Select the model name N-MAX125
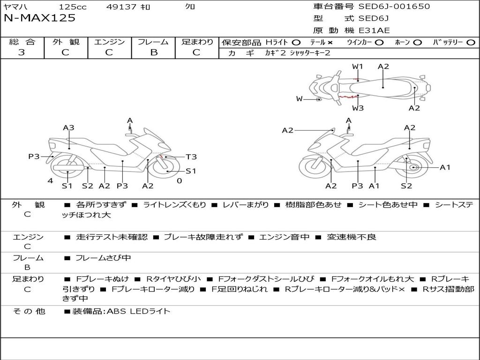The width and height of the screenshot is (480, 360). pos(39,18)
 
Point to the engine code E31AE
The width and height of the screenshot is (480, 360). pos(374,30)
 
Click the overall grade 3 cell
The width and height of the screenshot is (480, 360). pos(22,52)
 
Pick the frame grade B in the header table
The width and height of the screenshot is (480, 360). pos(154,52)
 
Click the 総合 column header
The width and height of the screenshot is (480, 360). pos(22,42)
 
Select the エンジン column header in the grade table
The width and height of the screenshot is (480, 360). pos(109,42)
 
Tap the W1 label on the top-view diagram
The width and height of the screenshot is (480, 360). pos(358,67)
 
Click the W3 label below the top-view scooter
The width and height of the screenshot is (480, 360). pos(358,108)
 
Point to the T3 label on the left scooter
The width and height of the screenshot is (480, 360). pos(191,157)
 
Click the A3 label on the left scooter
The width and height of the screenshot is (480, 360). pos(68,127)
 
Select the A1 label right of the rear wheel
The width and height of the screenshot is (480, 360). pos(445,167)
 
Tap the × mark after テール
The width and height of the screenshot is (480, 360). pos(330,42)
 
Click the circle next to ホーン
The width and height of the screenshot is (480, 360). pos(417,42)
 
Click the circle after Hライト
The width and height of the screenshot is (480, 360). pos(296,42)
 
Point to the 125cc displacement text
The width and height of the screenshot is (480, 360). pos(73,7)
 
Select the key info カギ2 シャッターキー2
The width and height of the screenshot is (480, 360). pos(298,53)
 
